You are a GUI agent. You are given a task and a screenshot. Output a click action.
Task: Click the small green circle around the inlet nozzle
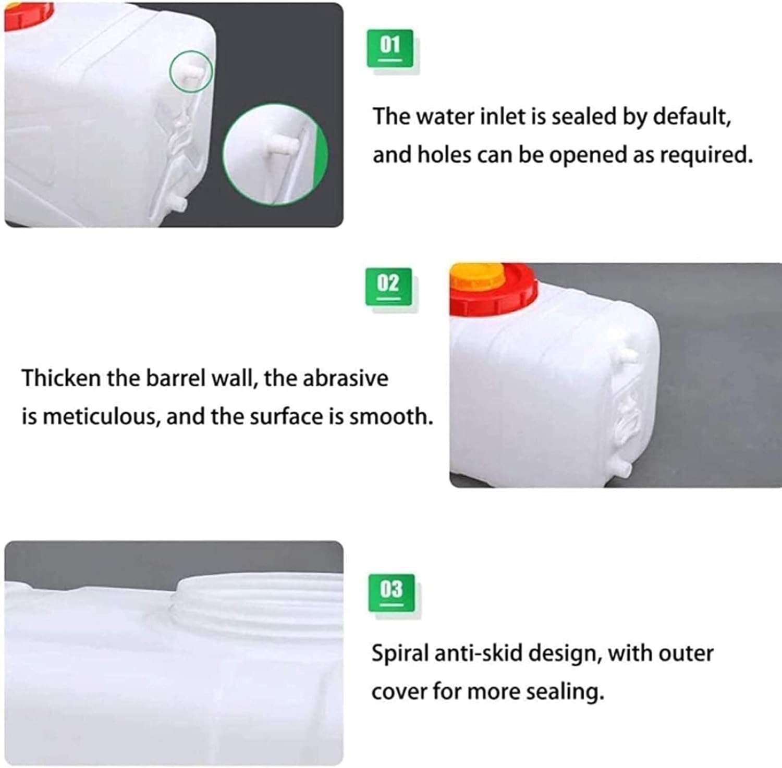click(x=191, y=72)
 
